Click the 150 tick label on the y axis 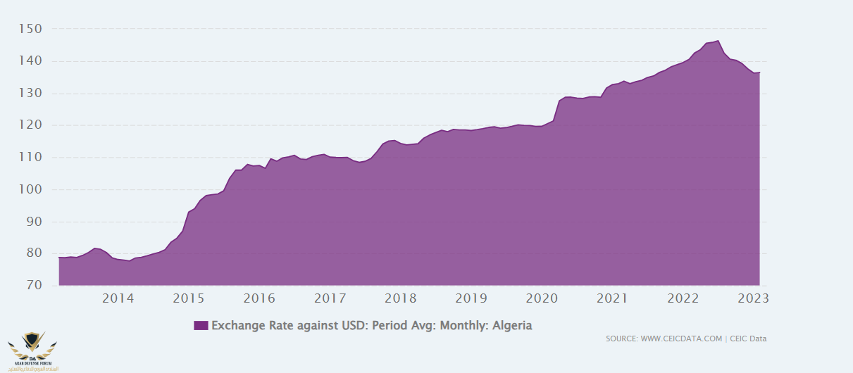pyautogui.click(x=31, y=29)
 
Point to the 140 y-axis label pyautogui.click(x=31, y=61)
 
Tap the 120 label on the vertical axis pyautogui.click(x=31, y=125)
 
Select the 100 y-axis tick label pyautogui.click(x=31, y=189)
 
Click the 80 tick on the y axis pyautogui.click(x=34, y=253)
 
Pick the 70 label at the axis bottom pyautogui.click(x=34, y=286)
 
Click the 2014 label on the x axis pyautogui.click(x=118, y=298)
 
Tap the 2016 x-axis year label pyautogui.click(x=259, y=298)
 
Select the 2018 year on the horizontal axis pyautogui.click(x=400, y=298)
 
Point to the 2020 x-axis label pyautogui.click(x=542, y=298)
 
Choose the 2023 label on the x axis pyautogui.click(x=754, y=298)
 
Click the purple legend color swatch pyautogui.click(x=201, y=325)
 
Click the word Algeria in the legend pyautogui.click(x=512, y=325)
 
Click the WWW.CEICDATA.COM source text pyautogui.click(x=681, y=339)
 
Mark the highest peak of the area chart pyautogui.click(x=718, y=41)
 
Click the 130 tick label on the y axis pyautogui.click(x=31, y=93)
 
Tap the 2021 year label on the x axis pyautogui.click(x=612, y=298)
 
